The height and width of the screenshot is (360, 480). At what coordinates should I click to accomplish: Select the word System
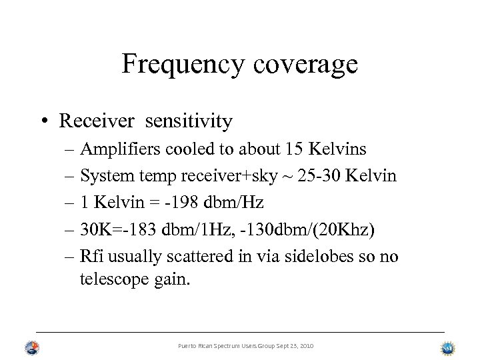coord(103,177)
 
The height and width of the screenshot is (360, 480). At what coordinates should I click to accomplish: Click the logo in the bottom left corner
coord(32,347)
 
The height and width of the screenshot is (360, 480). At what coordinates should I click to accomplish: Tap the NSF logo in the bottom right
coord(447,347)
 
